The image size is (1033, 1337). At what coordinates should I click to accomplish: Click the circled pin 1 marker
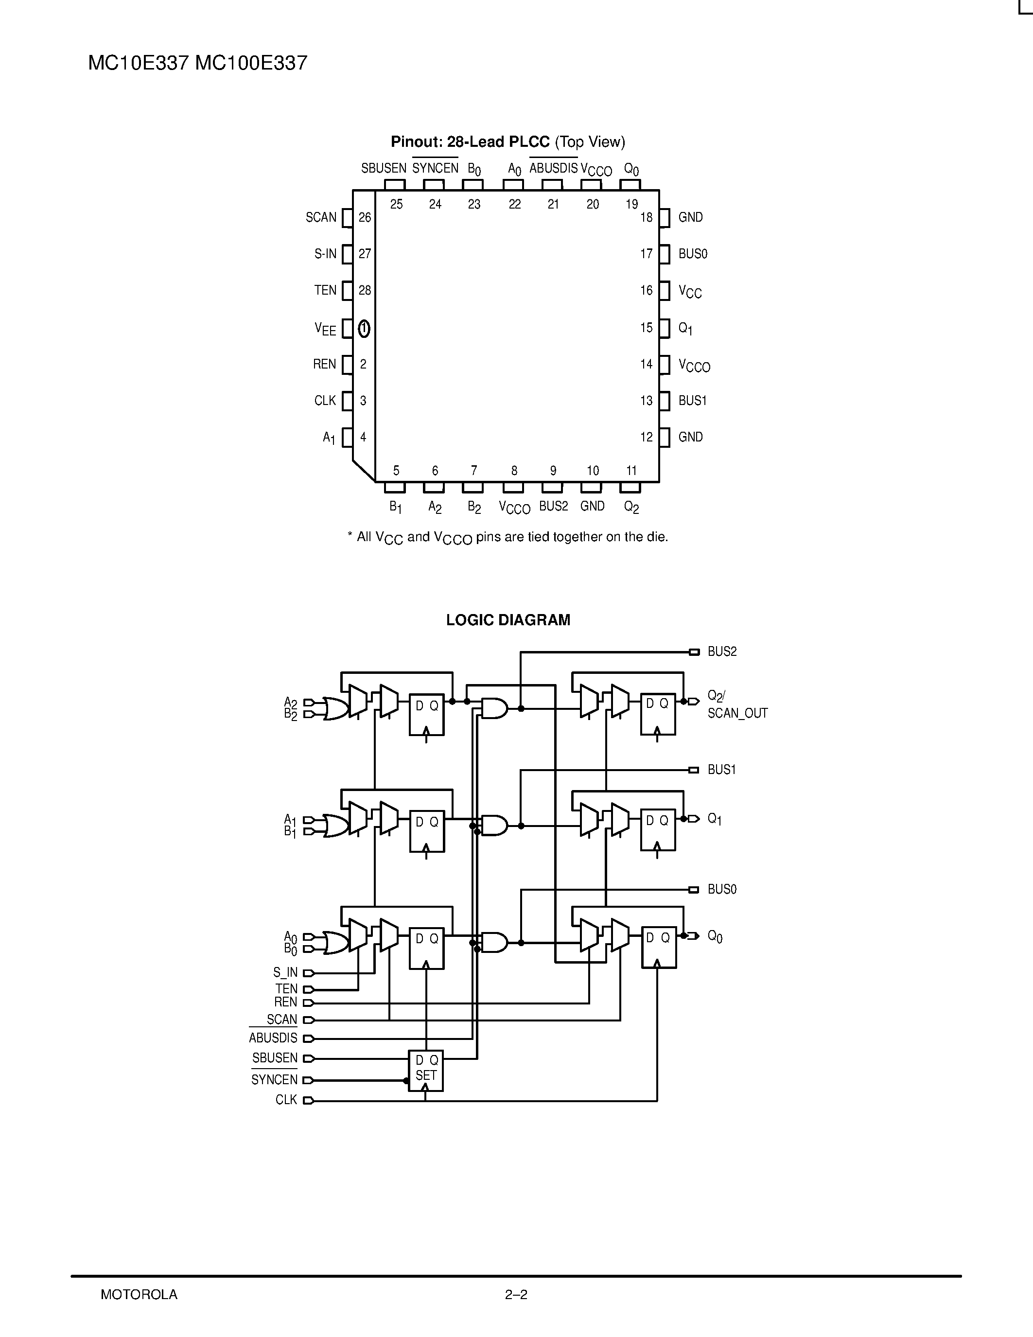[364, 329]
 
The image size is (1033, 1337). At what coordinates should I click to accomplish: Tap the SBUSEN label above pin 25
[384, 168]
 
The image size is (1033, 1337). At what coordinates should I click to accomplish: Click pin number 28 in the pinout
[365, 291]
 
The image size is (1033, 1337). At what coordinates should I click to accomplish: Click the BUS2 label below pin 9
[553, 506]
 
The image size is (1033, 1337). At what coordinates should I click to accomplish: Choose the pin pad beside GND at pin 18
[665, 218]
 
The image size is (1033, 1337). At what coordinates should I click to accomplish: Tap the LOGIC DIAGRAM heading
[508, 620]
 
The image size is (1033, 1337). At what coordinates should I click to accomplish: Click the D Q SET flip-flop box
[426, 1071]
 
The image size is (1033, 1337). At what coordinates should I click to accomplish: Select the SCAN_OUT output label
[737, 713]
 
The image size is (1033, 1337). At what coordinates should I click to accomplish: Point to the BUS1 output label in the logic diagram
[721, 770]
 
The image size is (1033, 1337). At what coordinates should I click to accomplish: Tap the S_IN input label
[285, 973]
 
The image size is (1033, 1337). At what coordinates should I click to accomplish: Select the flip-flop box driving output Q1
[658, 829]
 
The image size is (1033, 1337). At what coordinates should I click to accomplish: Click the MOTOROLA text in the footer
[139, 1295]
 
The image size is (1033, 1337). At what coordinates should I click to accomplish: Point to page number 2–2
[516, 1295]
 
